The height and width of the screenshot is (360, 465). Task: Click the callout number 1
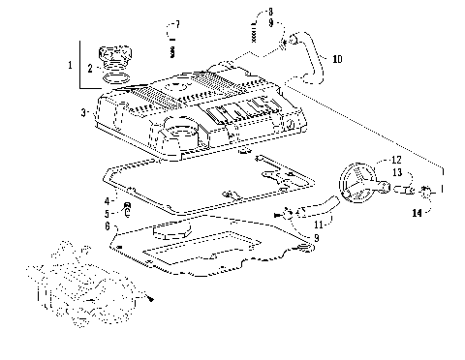[x=69, y=64]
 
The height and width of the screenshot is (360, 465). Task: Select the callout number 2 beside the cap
[x=90, y=68]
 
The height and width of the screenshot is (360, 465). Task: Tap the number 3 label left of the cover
[x=84, y=113]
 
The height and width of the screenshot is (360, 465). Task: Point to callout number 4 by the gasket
[x=108, y=199]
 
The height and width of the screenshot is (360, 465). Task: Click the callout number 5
[x=108, y=212]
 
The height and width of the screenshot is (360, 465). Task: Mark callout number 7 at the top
[x=176, y=23]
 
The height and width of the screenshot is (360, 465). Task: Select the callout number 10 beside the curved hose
[x=337, y=59]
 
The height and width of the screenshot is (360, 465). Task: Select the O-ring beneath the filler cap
[x=116, y=76]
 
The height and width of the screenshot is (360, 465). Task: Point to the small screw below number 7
[x=171, y=47]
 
